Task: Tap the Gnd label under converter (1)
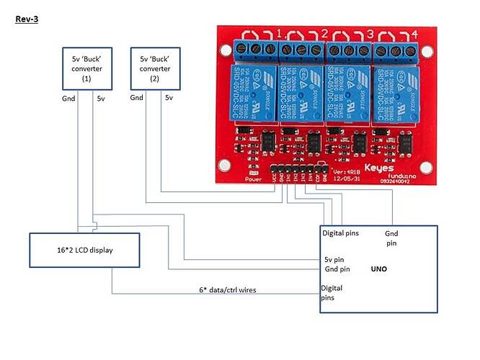[x=69, y=97]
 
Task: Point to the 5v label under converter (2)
[x=169, y=97]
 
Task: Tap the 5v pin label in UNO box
[x=334, y=259]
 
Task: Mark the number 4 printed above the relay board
[x=414, y=34]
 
